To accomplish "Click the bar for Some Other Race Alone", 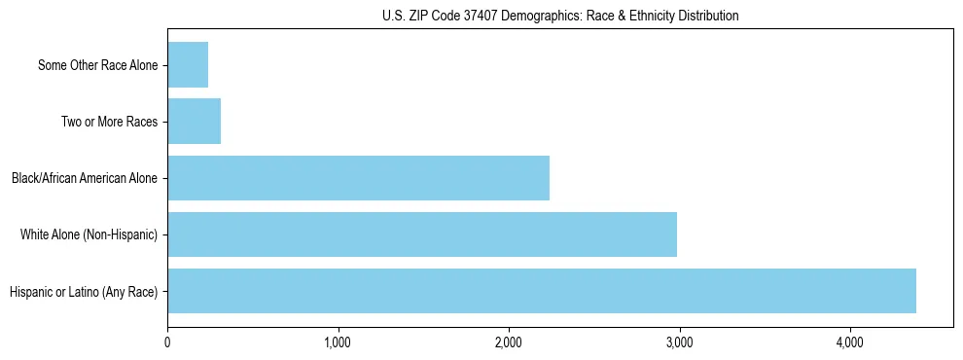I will point(188,65).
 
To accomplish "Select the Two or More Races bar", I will point(195,122).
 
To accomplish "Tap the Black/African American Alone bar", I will point(358,178).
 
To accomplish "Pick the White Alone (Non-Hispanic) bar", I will point(422,234).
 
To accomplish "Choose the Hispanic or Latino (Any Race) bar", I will point(542,291).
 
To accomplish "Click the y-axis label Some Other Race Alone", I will point(97,66).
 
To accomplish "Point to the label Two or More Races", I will point(109,123).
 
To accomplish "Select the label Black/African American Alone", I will point(85,179).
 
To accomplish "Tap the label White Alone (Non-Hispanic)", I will point(89,235).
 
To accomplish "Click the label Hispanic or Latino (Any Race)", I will point(83,291).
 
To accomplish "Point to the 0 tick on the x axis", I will point(168,342).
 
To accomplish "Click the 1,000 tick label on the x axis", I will point(339,342).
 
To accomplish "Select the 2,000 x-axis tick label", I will point(509,342).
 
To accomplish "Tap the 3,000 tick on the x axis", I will point(679,342).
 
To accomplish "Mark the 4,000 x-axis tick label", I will point(850,342).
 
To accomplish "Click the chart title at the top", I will point(560,16).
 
